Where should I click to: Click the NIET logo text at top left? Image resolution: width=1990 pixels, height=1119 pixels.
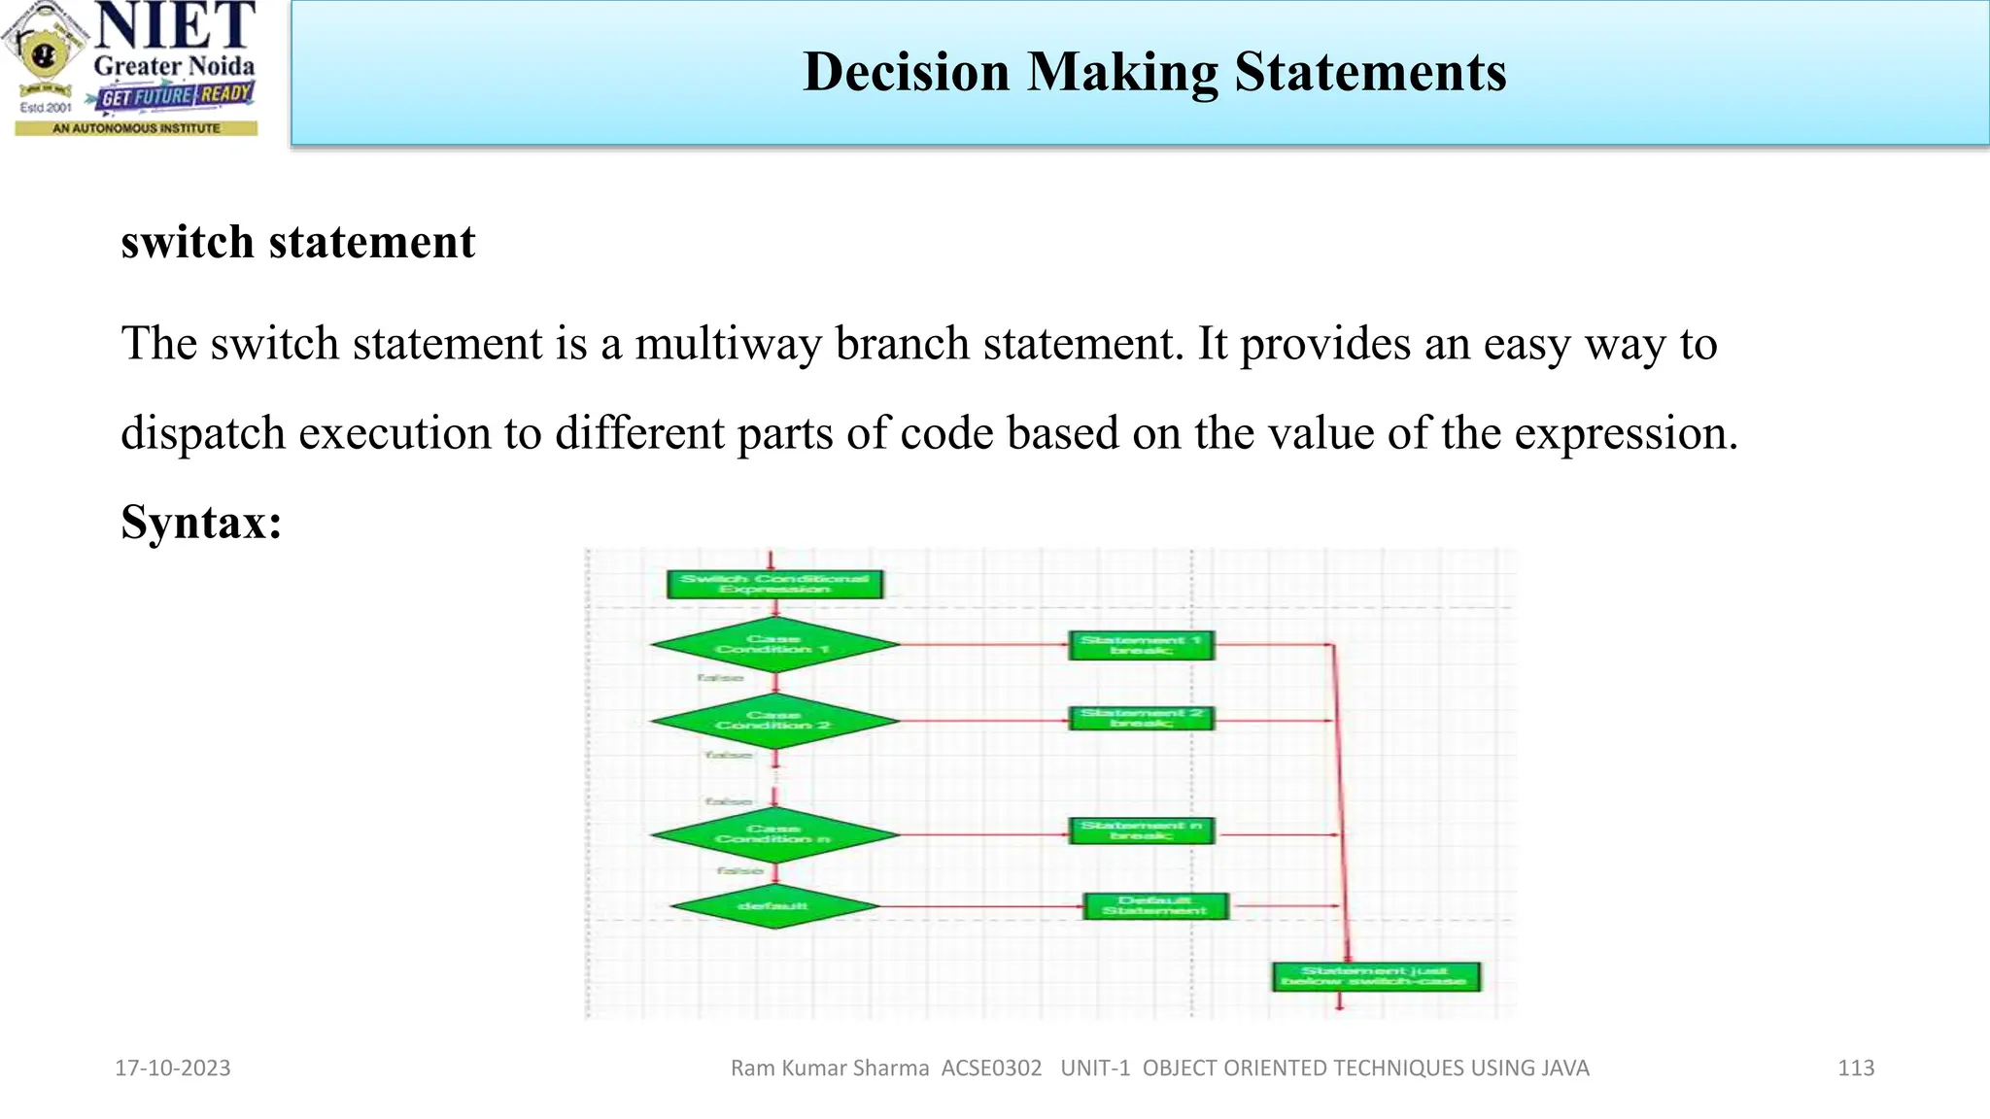(x=175, y=27)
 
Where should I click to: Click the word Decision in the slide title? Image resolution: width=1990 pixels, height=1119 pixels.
(x=906, y=72)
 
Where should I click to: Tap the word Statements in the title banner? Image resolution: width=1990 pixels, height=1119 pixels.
(x=1370, y=72)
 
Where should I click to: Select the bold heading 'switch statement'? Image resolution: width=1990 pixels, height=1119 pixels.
(x=297, y=242)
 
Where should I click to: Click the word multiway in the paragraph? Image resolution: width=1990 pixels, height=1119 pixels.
(x=728, y=344)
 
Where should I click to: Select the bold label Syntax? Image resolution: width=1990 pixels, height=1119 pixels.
(x=201, y=523)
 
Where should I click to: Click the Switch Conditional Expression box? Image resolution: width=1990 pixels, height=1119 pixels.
(x=774, y=584)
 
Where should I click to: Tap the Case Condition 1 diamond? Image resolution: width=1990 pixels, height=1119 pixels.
(x=774, y=644)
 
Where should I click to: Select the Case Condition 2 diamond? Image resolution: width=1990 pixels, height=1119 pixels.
(x=774, y=721)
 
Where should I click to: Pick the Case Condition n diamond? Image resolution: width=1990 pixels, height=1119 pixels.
(x=774, y=834)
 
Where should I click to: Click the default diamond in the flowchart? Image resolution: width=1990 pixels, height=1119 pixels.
(x=774, y=906)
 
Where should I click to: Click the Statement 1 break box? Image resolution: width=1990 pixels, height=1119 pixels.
(x=1141, y=645)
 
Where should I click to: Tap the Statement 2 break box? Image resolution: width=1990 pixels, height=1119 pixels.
(x=1141, y=718)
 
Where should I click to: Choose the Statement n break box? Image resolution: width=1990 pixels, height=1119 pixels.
(x=1141, y=831)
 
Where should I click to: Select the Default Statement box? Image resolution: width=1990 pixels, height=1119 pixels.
(x=1155, y=906)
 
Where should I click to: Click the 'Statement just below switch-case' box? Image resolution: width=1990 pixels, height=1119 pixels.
(x=1375, y=976)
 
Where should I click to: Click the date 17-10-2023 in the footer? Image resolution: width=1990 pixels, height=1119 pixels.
(x=173, y=1068)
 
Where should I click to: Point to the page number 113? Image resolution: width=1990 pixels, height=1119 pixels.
(x=1856, y=1068)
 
